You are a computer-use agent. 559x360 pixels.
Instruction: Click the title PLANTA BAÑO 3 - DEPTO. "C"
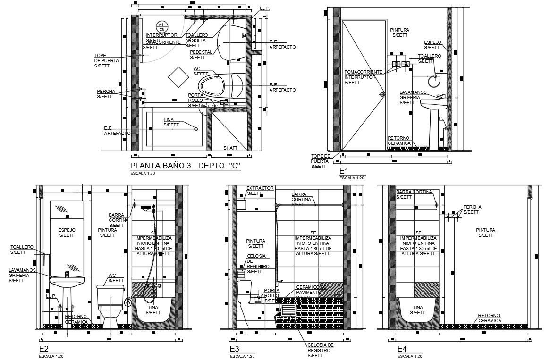(185, 166)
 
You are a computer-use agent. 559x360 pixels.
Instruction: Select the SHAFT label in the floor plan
(230, 148)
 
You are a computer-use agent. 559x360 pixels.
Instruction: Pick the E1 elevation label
(343, 171)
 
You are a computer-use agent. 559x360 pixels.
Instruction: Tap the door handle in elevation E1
(381, 94)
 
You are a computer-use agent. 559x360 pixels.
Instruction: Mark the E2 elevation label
(43, 349)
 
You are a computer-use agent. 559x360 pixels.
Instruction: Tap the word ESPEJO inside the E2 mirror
(67, 230)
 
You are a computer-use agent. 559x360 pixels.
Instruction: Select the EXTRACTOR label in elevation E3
(260, 188)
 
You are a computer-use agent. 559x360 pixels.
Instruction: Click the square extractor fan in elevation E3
(241, 205)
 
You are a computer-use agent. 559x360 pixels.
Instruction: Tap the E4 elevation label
(402, 349)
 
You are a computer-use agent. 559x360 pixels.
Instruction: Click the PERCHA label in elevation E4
(472, 207)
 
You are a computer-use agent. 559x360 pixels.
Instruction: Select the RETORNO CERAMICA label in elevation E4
(489, 318)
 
